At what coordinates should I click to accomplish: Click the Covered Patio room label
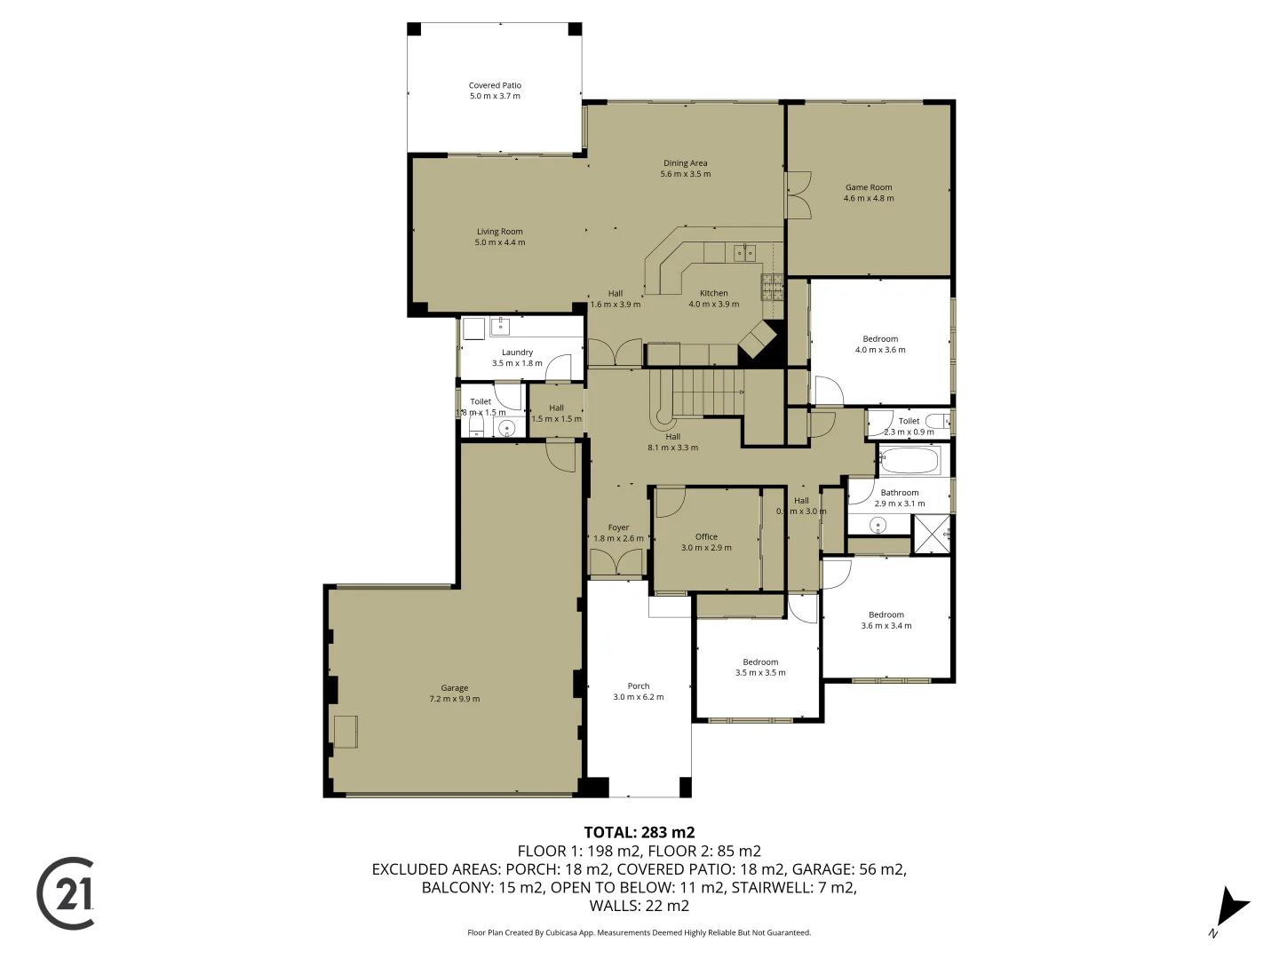[x=495, y=91]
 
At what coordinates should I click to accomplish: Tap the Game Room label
[x=868, y=193]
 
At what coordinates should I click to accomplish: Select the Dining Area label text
[x=685, y=169]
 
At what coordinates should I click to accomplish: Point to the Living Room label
[x=499, y=237]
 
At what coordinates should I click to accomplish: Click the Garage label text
[x=454, y=693]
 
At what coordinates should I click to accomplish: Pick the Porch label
[x=638, y=692]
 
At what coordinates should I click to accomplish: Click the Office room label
[x=706, y=542]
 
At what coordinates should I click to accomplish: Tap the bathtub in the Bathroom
[x=909, y=462]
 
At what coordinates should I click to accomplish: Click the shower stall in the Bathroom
[x=932, y=535]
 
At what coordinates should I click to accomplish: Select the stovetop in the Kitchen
[x=772, y=287]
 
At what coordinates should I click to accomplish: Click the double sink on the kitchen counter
[x=745, y=253]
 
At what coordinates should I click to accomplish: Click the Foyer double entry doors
[x=616, y=563]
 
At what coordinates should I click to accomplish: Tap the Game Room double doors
[x=798, y=194]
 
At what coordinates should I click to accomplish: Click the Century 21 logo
[x=66, y=893]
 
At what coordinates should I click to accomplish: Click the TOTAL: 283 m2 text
[x=639, y=833]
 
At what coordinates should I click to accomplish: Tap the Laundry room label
[x=517, y=358]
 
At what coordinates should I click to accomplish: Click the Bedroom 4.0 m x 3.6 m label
[x=879, y=345]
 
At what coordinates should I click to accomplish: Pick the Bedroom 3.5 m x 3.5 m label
[x=760, y=668]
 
